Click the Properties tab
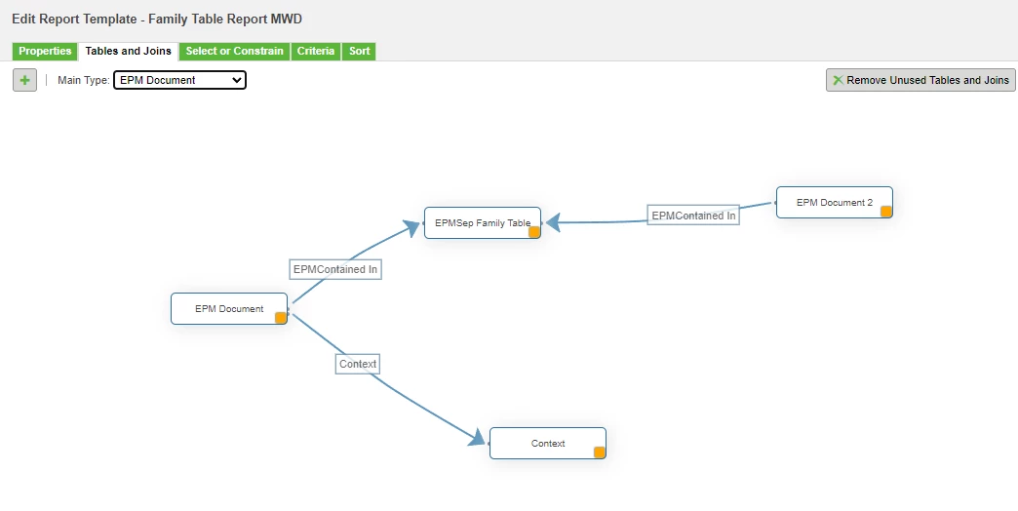[x=45, y=52]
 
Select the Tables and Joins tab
[x=129, y=52]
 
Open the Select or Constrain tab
[x=234, y=52]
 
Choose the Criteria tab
[x=316, y=52]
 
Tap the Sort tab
[x=359, y=52]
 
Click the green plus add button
[x=24, y=81]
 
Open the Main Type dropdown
[x=179, y=81]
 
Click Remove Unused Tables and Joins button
[x=920, y=80]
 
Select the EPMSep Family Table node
[x=483, y=222]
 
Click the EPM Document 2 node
[x=835, y=203]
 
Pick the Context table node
[x=547, y=444]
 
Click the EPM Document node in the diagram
[x=228, y=308]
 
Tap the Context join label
[x=358, y=365]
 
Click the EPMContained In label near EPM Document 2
[x=693, y=215]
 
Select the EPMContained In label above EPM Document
[x=335, y=269]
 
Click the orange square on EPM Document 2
[x=886, y=211]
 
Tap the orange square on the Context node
[x=600, y=452]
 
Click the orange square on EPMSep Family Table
[x=534, y=232]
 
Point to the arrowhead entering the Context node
[x=478, y=438]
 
